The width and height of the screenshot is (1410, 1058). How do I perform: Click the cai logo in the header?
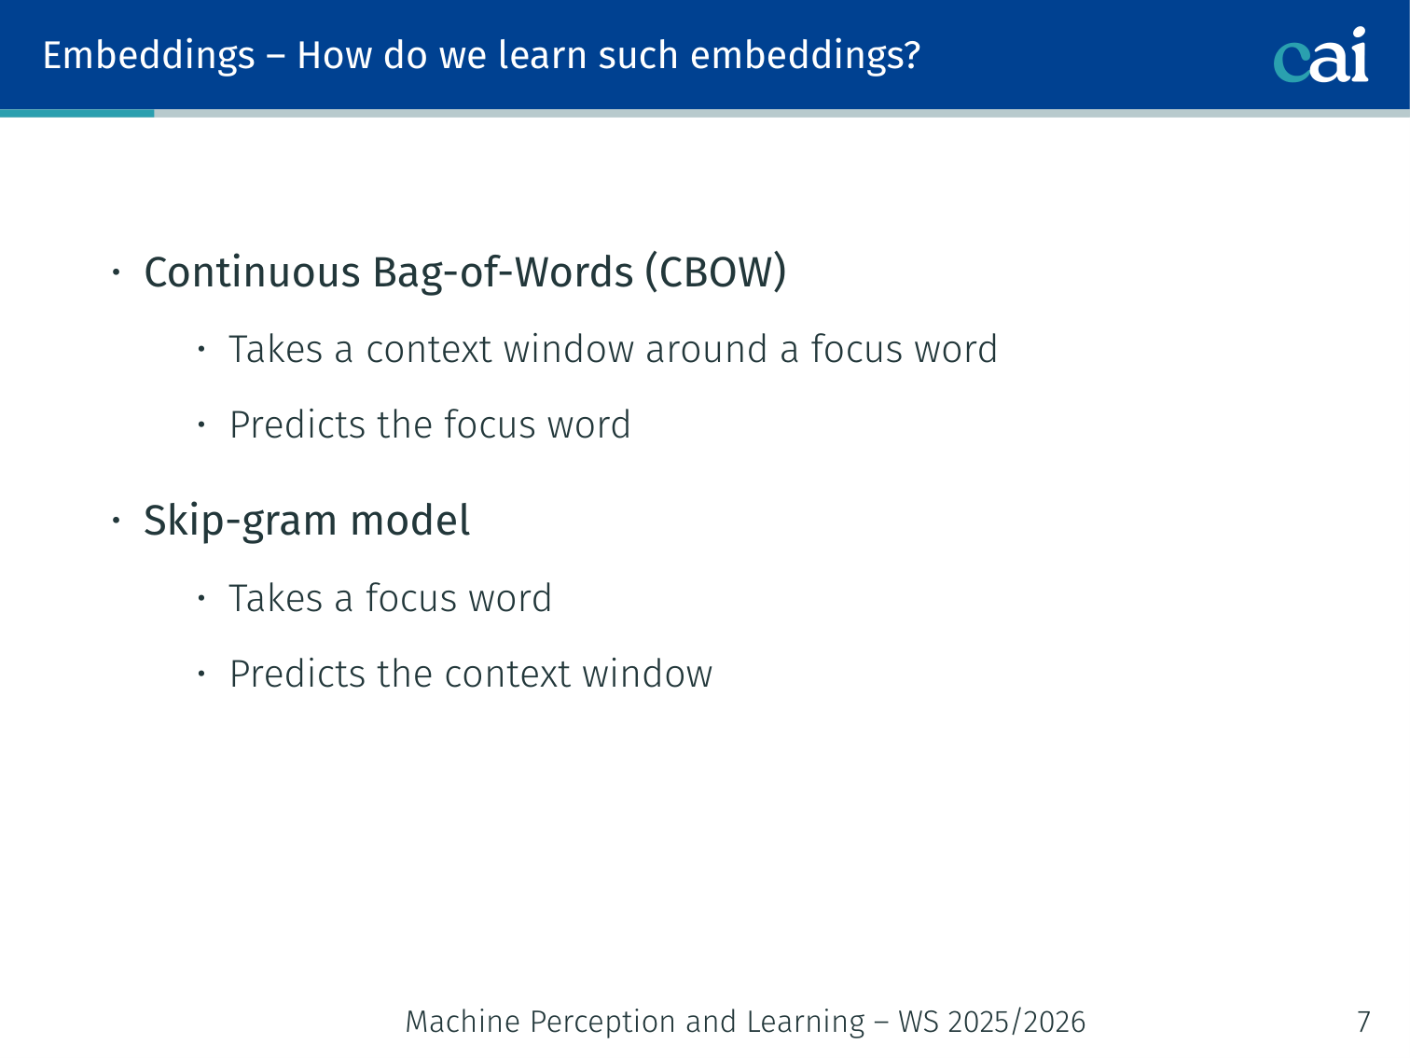point(1320,55)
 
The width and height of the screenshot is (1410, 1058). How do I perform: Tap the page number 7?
point(1363,1022)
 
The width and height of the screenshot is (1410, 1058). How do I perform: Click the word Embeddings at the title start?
point(148,56)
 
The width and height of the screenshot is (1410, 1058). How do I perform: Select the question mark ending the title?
point(912,54)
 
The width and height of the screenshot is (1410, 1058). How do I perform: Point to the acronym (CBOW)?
point(715,271)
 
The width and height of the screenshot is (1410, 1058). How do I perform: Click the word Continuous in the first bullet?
point(252,271)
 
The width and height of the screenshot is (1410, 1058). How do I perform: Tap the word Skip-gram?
point(241,521)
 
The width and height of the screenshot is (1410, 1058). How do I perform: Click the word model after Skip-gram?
point(409,520)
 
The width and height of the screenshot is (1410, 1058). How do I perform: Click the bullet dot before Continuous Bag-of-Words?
point(116,272)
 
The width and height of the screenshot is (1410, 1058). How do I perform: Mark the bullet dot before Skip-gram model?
point(116,520)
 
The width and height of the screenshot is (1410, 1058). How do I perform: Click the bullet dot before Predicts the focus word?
point(201,424)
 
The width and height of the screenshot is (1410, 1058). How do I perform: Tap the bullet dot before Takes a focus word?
point(201,598)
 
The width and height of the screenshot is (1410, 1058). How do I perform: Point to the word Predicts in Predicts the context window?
point(297,674)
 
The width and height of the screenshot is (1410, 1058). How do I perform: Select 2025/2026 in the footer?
point(1016,1022)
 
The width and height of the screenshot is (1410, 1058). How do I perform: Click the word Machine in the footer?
point(463,1022)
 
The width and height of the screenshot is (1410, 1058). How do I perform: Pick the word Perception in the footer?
point(601,1023)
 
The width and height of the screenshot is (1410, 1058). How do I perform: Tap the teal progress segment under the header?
point(77,113)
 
